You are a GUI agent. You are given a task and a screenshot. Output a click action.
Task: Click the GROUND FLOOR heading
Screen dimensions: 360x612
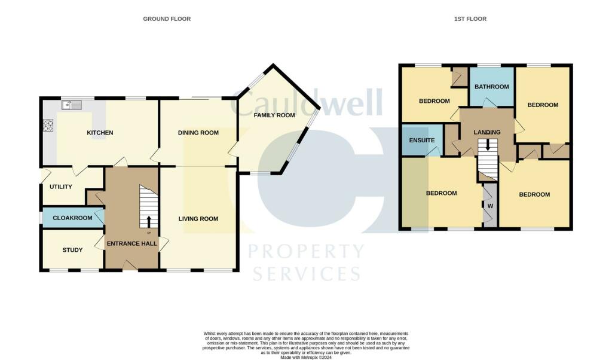(x=167, y=19)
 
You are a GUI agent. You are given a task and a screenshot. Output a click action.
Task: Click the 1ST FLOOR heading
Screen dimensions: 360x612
(x=470, y=19)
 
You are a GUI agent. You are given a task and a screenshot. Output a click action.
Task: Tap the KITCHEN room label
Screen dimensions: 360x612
(x=100, y=133)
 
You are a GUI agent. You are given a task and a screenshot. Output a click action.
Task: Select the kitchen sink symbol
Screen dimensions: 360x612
(x=72, y=106)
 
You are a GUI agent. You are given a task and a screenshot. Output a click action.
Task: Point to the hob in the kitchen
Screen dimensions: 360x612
(x=48, y=126)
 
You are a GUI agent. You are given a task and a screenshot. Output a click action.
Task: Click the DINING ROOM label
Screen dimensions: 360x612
(x=198, y=133)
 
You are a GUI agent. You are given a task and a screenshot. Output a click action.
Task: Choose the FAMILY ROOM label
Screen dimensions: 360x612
(x=274, y=115)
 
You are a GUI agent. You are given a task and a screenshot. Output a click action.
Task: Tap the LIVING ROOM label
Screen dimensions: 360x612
(x=198, y=219)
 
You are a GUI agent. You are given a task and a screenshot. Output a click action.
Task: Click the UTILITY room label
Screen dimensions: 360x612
(x=61, y=187)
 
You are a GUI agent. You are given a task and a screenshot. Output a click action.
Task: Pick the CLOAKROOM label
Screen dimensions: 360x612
(x=72, y=218)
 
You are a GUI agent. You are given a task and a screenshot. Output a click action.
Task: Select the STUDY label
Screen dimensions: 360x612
(x=72, y=250)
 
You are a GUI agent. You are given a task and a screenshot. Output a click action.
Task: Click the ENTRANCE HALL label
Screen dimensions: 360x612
(x=131, y=243)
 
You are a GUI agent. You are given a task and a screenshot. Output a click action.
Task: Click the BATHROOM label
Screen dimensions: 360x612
(x=491, y=87)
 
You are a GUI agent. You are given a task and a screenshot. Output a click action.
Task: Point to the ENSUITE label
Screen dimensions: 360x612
(x=422, y=141)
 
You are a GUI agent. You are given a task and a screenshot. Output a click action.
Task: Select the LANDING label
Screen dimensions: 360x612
(x=488, y=132)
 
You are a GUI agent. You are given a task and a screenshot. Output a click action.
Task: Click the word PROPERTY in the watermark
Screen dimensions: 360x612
(x=306, y=252)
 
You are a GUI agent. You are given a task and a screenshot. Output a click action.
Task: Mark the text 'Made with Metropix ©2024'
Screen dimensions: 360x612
(x=305, y=357)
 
